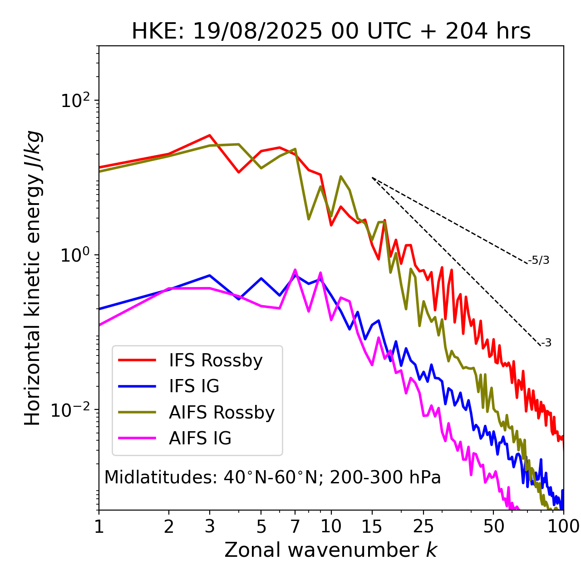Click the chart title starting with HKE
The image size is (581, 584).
pos(331,32)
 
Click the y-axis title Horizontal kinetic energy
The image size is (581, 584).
pos(33,278)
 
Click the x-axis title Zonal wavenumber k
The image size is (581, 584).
pos(331,550)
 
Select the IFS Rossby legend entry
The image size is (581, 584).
pos(216,360)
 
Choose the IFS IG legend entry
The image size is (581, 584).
pos(194,386)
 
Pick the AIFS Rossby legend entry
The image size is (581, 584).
pos(222,413)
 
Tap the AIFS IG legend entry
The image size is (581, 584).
pos(200,438)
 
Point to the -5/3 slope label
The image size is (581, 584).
pos(539,260)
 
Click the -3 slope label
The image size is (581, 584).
pos(546,343)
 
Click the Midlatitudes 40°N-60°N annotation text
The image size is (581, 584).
pos(272,477)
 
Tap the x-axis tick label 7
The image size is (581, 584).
pos(295,526)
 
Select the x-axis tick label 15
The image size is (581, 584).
pos(372,526)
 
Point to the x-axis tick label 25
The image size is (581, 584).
pos(423,526)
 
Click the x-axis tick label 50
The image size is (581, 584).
pos(493,526)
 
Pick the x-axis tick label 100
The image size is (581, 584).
pos(563,526)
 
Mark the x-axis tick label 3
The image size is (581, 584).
pos(209,526)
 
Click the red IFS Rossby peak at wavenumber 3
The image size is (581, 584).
pos(209,135)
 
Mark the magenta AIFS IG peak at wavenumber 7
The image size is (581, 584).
pos(295,270)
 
